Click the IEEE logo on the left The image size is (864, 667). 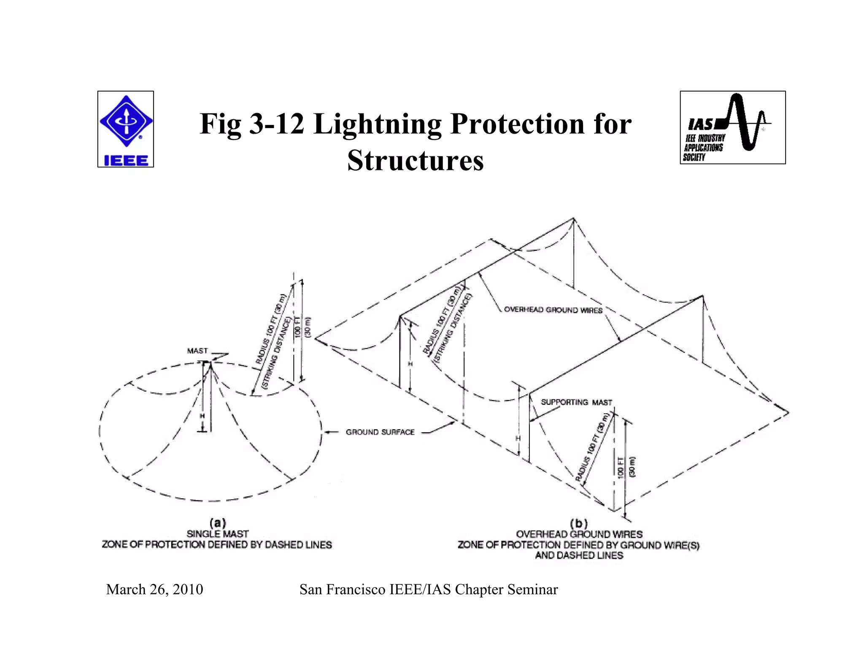(126, 129)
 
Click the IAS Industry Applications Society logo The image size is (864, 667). (732, 127)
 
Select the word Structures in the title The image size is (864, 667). (415, 161)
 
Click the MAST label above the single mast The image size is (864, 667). (197, 351)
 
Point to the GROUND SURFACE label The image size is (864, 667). (380, 432)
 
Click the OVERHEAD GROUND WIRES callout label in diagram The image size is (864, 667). (553, 310)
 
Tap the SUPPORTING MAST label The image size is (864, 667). (576, 402)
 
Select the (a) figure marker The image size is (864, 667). (218, 523)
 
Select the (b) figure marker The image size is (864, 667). (579, 524)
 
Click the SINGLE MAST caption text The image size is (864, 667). (218, 534)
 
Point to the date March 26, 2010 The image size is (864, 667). (154, 589)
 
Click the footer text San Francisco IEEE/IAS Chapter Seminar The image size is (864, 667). (429, 589)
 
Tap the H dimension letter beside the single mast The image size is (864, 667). (202, 416)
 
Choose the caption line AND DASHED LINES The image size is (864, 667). (579, 556)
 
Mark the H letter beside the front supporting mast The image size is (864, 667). (518, 438)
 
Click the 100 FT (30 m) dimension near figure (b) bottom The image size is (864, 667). (626, 467)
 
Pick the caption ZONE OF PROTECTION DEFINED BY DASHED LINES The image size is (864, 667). (217, 545)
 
